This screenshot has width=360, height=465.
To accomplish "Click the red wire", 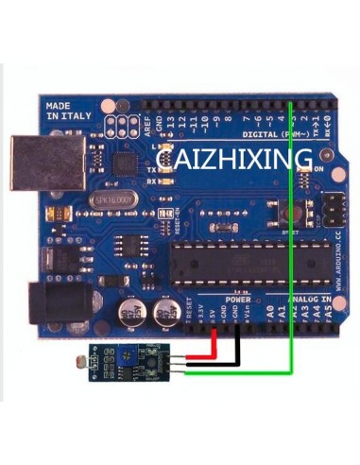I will pos(219,355).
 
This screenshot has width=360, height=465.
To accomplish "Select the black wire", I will pos(237,349).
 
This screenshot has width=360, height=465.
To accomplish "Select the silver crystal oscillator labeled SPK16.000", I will pos(113,200).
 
